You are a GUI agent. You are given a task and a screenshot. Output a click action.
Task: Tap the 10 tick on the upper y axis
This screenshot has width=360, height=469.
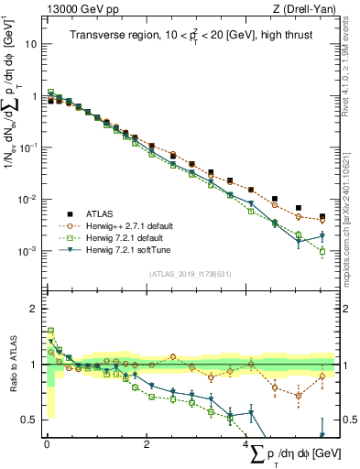tap(33, 43)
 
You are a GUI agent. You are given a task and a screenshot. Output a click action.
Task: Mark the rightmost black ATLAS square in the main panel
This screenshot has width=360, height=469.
tap(322, 217)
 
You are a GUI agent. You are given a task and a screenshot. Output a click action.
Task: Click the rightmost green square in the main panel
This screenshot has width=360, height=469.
tap(322, 251)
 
